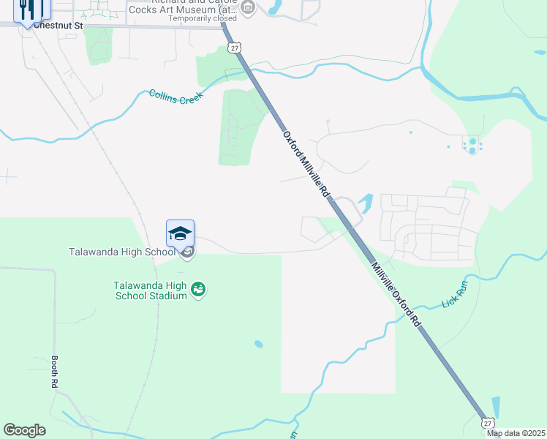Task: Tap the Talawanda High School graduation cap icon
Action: point(180,234)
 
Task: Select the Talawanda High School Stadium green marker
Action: point(198,290)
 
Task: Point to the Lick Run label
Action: point(454,294)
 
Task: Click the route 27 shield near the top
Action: point(233,48)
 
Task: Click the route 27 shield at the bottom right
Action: point(488,422)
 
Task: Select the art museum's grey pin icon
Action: point(248,8)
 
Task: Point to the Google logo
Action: point(24,430)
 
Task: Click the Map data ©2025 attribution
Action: point(515,433)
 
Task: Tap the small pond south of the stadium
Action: point(258,344)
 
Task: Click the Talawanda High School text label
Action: point(122,252)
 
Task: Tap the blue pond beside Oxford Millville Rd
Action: point(366,202)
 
